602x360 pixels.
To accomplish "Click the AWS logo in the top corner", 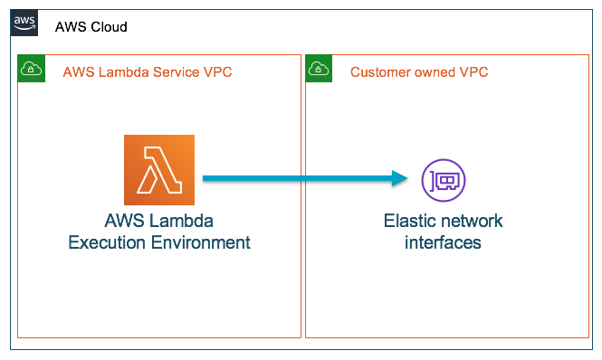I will pyautogui.click(x=24, y=24).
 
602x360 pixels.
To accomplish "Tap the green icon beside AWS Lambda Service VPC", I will pyautogui.click(x=30, y=68).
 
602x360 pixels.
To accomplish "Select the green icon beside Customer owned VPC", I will pyautogui.click(x=318, y=68).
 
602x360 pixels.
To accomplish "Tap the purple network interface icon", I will pyautogui.click(x=444, y=179).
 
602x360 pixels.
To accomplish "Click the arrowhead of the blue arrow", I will pyautogui.click(x=400, y=179).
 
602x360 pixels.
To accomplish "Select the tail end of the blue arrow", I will pyautogui.click(x=206, y=179).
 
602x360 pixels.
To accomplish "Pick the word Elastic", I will pyautogui.click(x=409, y=222).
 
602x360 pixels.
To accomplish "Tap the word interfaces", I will pyautogui.click(x=444, y=242).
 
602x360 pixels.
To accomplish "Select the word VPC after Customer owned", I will pyautogui.click(x=473, y=72).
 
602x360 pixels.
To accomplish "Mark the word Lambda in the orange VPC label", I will pyautogui.click(x=119, y=72).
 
